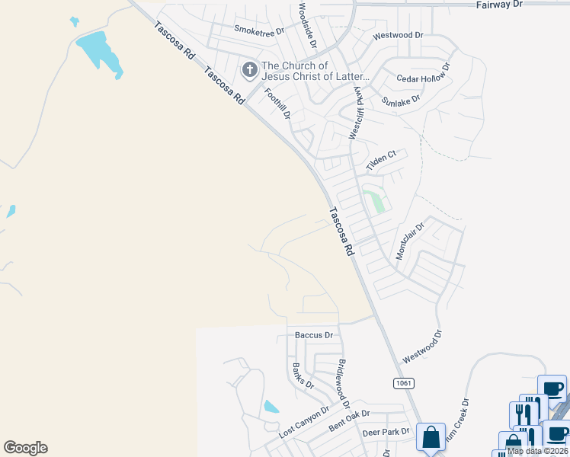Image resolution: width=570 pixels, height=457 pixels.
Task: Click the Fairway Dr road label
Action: [x=499, y=5]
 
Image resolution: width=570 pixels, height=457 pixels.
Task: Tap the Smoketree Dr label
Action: [x=258, y=30]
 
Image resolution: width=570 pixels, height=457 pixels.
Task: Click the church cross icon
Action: [x=248, y=71]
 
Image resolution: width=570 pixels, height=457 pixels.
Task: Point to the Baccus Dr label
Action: [x=314, y=335]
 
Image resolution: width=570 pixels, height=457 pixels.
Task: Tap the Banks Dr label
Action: [x=303, y=375]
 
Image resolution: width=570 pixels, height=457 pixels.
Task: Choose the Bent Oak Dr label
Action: [x=349, y=417]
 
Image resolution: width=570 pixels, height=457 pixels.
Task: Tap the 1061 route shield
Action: [x=404, y=382]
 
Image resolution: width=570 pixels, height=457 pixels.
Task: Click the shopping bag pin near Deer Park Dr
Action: [x=431, y=438]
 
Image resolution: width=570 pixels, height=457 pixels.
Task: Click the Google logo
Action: [x=25, y=448]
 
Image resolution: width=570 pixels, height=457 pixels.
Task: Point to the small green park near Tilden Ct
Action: [x=375, y=202]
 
